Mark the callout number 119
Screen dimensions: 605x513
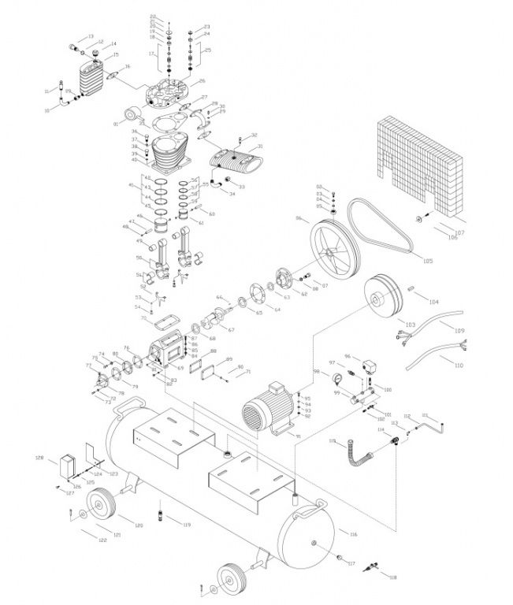point(187,525)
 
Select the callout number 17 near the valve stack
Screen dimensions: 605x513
point(149,54)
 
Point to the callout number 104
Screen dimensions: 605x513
point(433,301)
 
